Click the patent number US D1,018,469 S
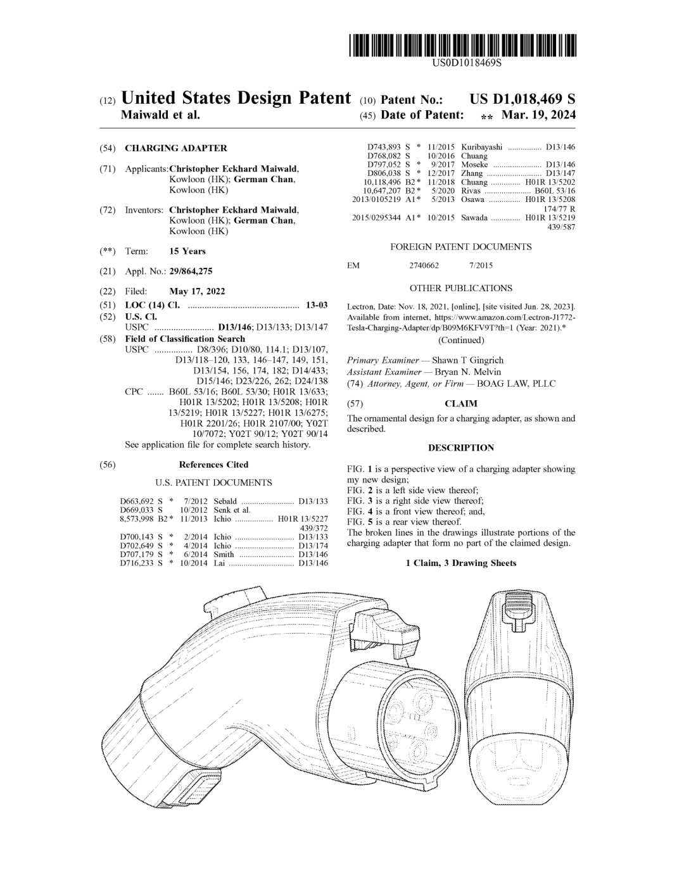(522, 99)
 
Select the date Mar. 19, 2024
(538, 115)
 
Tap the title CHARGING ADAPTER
(175, 148)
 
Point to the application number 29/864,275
(191, 272)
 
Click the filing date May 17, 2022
(197, 292)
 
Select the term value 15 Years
(187, 251)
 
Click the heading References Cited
(213, 465)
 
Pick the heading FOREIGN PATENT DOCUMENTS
(461, 247)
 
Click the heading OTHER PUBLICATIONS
(461, 288)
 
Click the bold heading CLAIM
(461, 404)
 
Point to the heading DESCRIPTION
(461, 448)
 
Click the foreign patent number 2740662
(424, 266)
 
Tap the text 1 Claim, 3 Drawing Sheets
(461, 563)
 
